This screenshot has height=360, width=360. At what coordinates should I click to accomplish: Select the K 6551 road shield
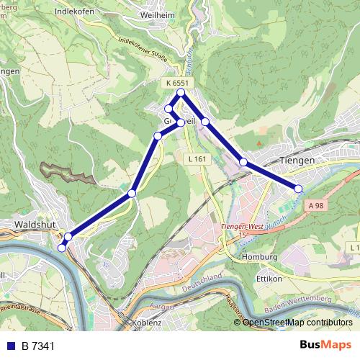point(177,84)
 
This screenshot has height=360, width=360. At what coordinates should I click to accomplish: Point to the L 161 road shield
point(195,158)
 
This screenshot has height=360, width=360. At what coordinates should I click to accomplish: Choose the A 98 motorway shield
point(315,206)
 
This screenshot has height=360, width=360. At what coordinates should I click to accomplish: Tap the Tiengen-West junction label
point(240,226)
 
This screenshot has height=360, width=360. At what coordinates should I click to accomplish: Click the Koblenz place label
point(147,323)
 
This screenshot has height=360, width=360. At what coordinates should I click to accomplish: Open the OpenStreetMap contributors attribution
point(297,323)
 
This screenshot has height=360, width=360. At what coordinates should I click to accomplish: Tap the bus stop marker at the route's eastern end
point(298,189)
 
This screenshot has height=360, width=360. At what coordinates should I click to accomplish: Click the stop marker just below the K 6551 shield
point(181,93)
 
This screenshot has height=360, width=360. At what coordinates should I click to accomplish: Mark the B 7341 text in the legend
point(37,346)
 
